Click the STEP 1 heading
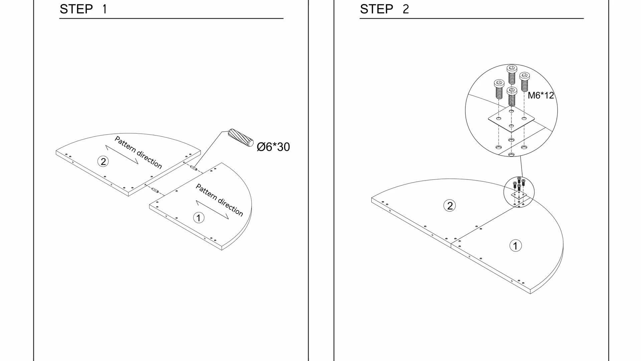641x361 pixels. click(x=83, y=9)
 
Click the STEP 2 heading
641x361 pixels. click(x=384, y=9)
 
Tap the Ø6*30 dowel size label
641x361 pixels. click(x=273, y=147)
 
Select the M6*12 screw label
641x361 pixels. click(x=541, y=95)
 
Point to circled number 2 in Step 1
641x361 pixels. click(x=103, y=161)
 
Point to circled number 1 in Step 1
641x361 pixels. click(x=199, y=218)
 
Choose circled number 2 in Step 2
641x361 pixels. click(x=450, y=205)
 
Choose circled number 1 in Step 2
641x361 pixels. click(x=515, y=246)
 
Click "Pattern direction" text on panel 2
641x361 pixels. click(x=138, y=152)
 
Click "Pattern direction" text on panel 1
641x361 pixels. click(x=219, y=200)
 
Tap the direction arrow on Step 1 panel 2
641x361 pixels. click(x=122, y=154)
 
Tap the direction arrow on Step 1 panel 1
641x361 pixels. click(x=212, y=210)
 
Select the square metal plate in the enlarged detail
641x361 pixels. click(x=511, y=120)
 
